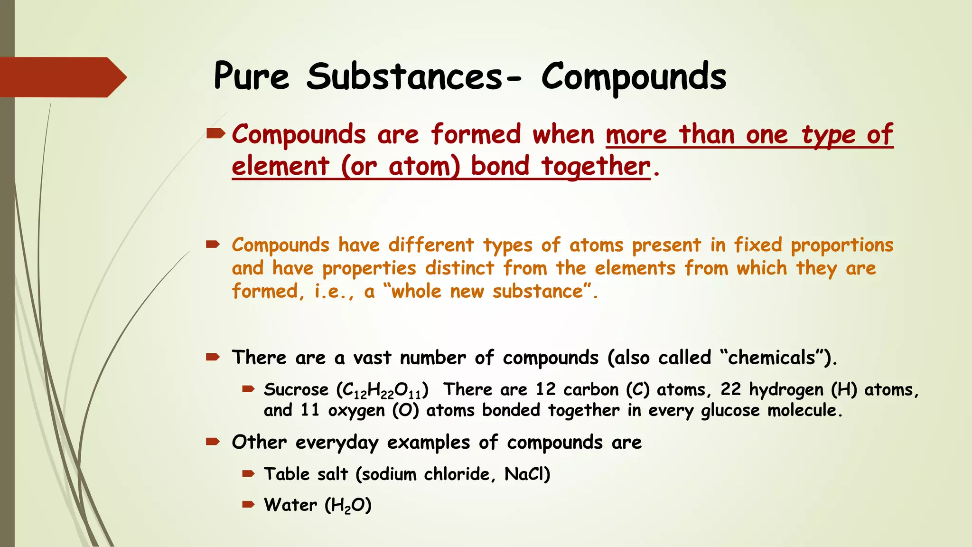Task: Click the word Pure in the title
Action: (x=251, y=76)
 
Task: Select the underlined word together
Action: (x=596, y=167)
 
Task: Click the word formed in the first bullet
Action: (x=476, y=134)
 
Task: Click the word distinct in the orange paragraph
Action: (x=459, y=268)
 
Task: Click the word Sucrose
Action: (x=296, y=390)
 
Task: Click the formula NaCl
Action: (x=527, y=474)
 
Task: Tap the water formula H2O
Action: (x=348, y=505)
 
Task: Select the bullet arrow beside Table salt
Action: (x=248, y=473)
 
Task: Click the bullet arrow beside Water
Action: (x=248, y=504)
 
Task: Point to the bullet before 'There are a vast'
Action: (x=213, y=357)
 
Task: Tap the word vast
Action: (x=372, y=358)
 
